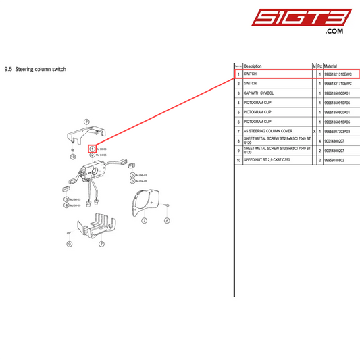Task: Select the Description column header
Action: [x=253, y=66]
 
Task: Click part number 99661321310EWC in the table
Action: [x=338, y=74]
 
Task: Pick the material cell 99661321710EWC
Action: [x=338, y=83]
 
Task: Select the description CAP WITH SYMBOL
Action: [x=258, y=93]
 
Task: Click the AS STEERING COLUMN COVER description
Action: [x=267, y=131]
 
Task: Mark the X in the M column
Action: [x=314, y=131]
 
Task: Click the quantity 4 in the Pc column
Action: [x=319, y=141]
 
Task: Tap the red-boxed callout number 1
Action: [x=92, y=148]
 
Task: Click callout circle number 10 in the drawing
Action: [x=72, y=156]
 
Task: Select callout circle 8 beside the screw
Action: [x=166, y=221]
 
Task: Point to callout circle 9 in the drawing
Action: [x=69, y=244]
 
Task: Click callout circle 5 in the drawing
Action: [x=132, y=175]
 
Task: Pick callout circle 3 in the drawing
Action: [x=66, y=199]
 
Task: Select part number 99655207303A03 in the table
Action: [x=338, y=131]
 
